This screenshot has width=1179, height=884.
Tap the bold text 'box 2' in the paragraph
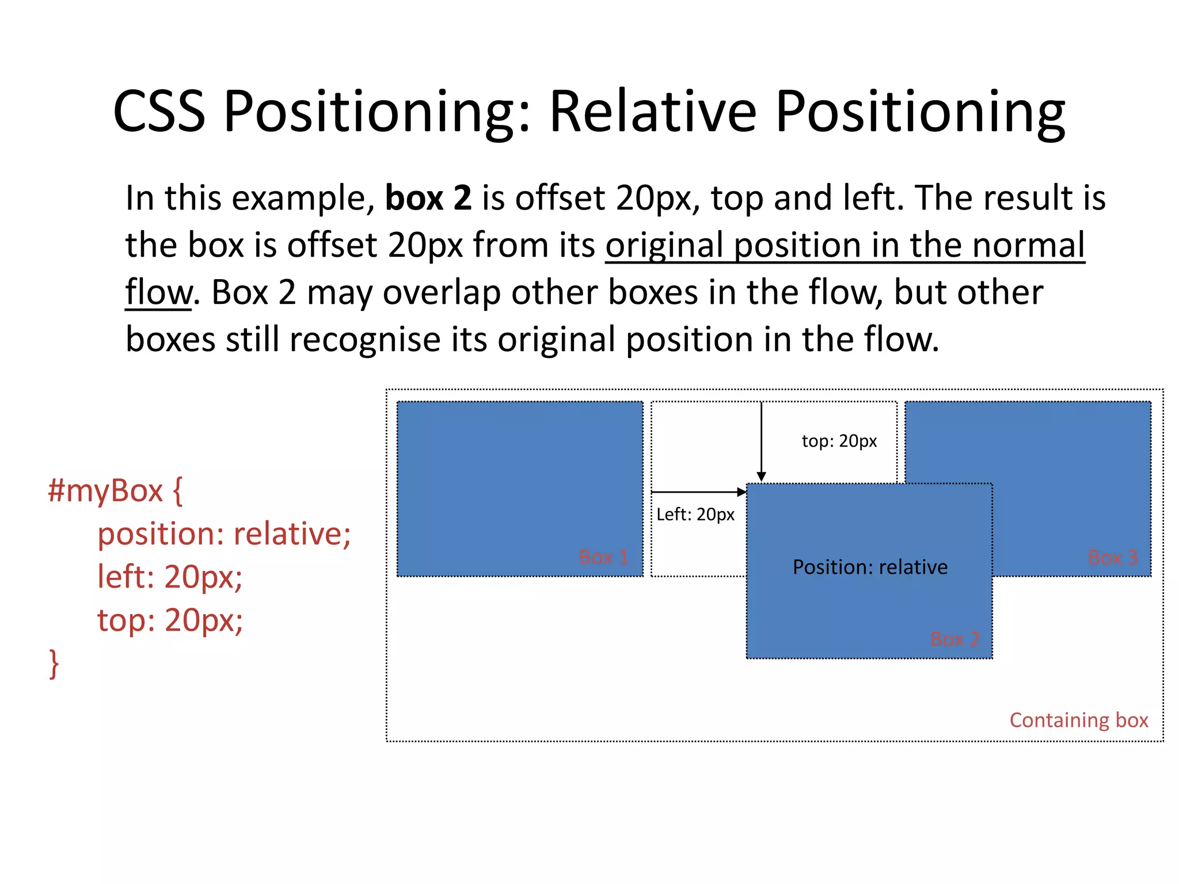(428, 198)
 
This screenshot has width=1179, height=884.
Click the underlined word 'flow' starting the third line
(158, 292)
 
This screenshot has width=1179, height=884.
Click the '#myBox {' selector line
(115, 491)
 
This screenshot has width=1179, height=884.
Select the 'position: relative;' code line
(224, 534)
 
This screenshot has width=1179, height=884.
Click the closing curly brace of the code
(54, 664)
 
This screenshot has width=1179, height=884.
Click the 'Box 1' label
(603, 557)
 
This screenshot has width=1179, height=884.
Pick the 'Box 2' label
(954, 639)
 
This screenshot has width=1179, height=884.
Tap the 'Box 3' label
(1112, 557)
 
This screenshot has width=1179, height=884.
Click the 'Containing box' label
(1078, 720)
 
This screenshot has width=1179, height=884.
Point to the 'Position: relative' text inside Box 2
(870, 567)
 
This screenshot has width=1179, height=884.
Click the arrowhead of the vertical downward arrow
(761, 477)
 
